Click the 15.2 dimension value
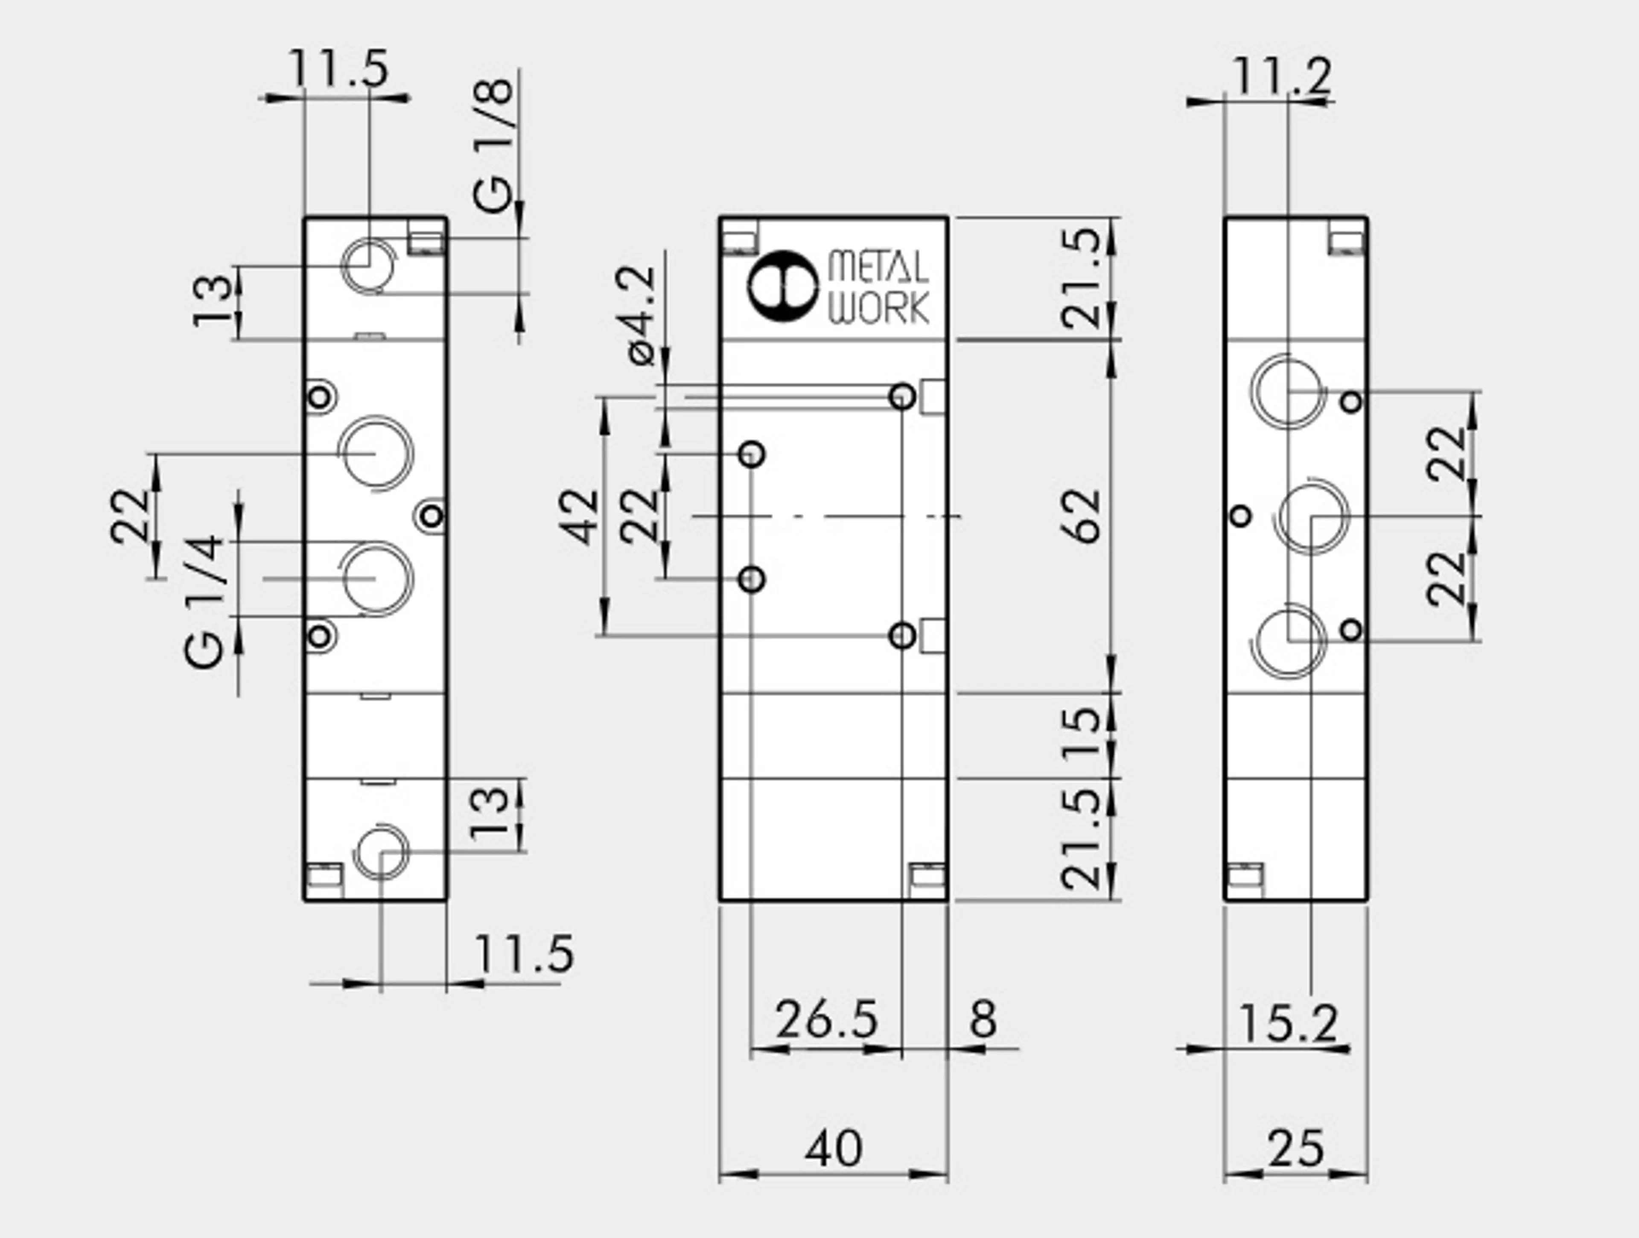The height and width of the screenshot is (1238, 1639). [x=1288, y=1024]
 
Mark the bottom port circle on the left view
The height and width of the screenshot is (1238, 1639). [x=380, y=852]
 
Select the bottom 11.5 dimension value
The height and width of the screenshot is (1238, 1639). [x=523, y=954]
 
